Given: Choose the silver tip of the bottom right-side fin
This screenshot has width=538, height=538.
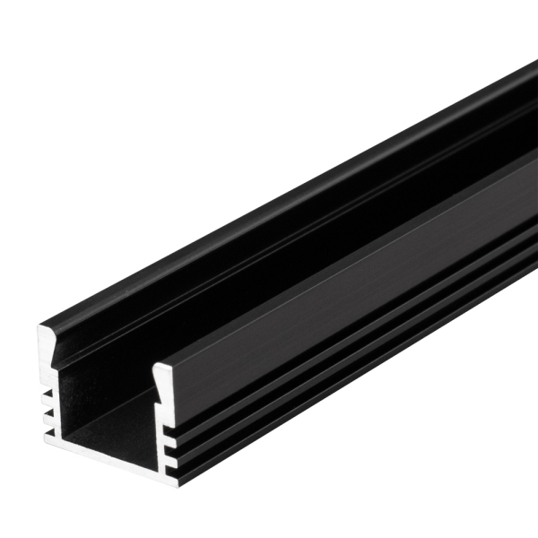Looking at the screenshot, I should point(168,465).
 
